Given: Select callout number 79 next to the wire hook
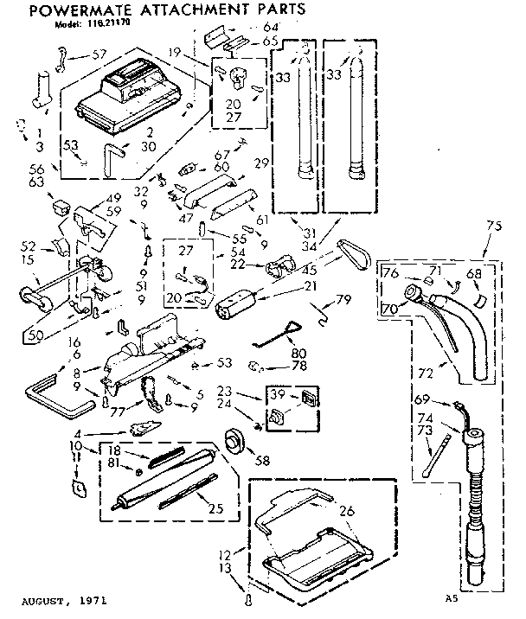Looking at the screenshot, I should [x=344, y=302].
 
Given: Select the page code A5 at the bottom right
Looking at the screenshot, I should [x=449, y=597].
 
